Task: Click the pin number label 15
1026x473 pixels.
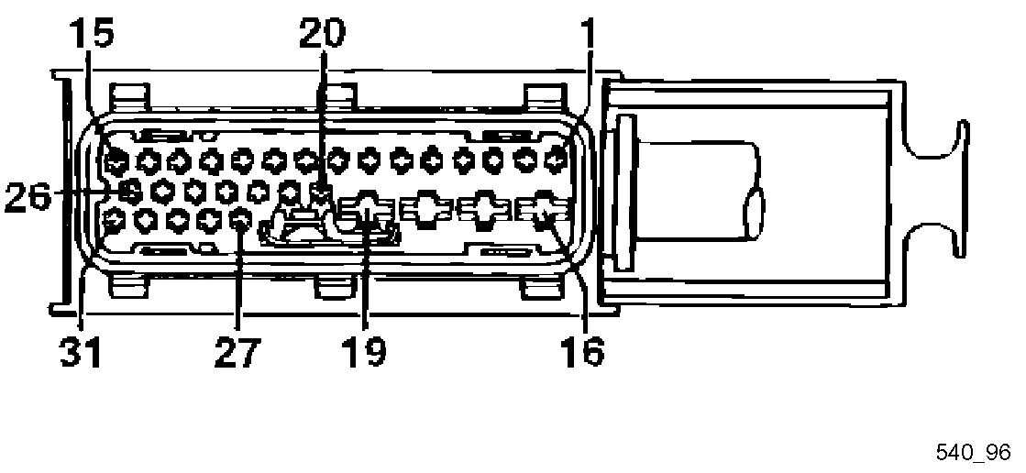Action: [x=92, y=35]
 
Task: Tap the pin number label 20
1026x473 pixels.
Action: [x=321, y=35]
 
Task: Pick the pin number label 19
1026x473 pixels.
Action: [x=365, y=350]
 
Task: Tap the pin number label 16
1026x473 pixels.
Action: [x=582, y=350]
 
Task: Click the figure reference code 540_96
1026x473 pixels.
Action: [x=973, y=452]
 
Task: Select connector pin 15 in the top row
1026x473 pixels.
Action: [x=115, y=162]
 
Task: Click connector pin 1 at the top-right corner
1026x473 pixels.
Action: [x=555, y=161]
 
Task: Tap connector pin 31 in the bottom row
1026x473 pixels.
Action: [x=115, y=219]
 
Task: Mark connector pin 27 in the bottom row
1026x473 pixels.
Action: [x=241, y=220]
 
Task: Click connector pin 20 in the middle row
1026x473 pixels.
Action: [x=321, y=192]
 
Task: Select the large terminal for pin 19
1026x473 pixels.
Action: [x=367, y=214]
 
